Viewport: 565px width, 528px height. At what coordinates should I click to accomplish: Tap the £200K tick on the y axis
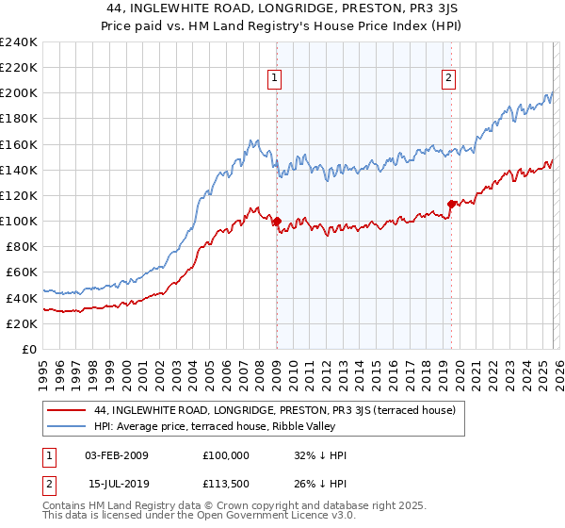pyautogui.click(x=19, y=93)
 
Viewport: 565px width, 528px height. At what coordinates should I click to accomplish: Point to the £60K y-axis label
pyautogui.click(x=22, y=272)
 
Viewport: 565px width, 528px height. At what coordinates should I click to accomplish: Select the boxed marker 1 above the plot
pyautogui.click(x=275, y=78)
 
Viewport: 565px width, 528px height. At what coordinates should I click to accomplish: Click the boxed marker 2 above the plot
pyautogui.click(x=448, y=78)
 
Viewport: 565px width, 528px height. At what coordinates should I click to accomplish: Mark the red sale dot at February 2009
pyautogui.click(x=277, y=222)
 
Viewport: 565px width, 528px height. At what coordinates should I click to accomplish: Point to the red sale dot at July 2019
pyautogui.click(x=451, y=204)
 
